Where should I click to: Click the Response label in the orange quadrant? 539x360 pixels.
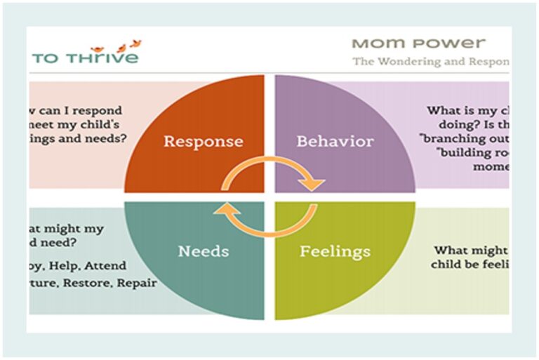click(203, 141)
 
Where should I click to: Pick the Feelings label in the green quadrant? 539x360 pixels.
click(335, 251)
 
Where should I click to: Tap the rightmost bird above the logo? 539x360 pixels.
click(135, 44)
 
